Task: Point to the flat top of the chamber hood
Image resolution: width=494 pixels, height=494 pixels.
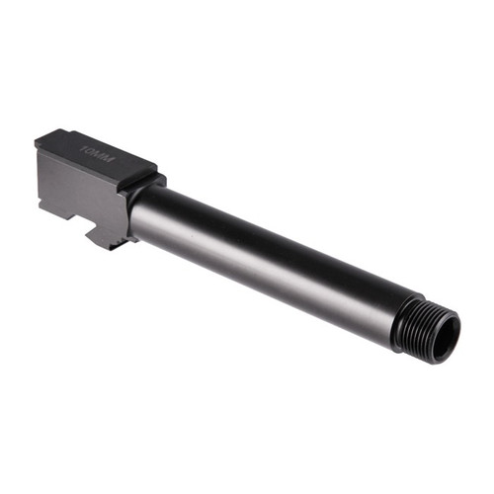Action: click(99, 158)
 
